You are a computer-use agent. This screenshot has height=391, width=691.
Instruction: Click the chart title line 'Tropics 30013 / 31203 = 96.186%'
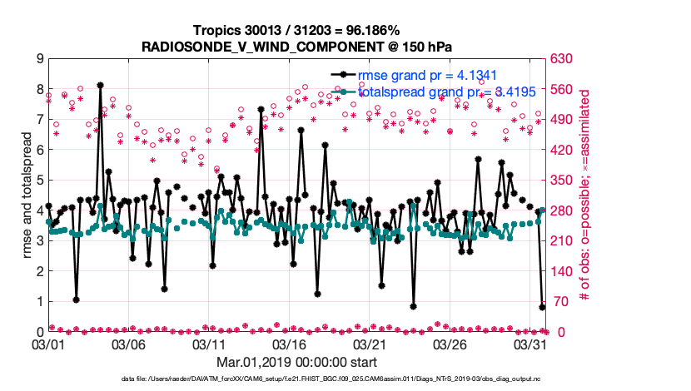coord(297,30)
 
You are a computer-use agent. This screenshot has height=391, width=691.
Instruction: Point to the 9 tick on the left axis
coord(40,59)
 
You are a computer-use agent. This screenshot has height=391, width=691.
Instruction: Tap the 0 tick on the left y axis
coord(40,332)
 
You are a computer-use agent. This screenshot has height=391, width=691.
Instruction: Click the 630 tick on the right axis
coord(559,59)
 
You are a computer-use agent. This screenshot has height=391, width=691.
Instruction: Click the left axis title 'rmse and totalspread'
coord(27,195)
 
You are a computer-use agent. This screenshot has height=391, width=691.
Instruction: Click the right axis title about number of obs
coord(584,195)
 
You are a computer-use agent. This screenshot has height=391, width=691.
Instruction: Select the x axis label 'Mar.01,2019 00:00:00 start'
coord(296,363)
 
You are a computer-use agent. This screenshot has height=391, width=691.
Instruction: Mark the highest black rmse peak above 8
coord(100,85)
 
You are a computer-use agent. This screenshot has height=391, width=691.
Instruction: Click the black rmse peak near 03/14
coord(261,109)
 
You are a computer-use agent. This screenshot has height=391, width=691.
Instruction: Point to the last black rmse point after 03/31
coord(542,307)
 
